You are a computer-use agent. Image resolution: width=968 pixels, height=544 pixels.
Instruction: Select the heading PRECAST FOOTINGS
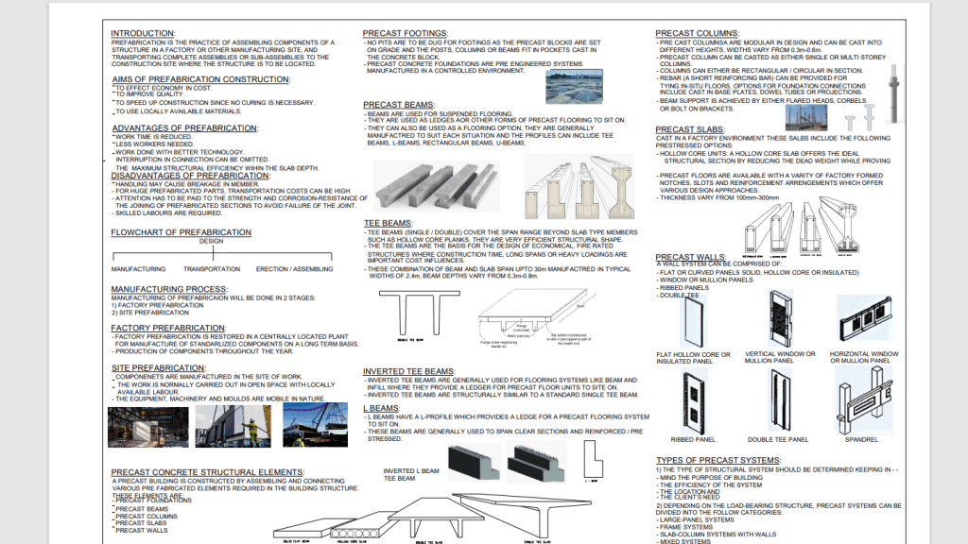click(x=405, y=33)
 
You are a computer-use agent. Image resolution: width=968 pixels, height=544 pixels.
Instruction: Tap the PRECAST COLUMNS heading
click(x=696, y=33)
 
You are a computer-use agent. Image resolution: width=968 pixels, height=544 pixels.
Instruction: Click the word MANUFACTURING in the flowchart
click(x=138, y=269)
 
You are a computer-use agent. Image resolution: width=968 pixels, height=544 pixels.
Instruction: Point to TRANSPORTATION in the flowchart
click(x=212, y=269)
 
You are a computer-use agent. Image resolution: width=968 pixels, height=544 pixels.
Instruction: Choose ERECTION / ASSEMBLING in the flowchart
click(x=294, y=269)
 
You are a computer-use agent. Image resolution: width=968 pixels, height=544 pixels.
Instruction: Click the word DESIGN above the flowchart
click(x=212, y=241)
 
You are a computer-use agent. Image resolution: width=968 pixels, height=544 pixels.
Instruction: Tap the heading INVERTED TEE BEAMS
click(x=409, y=371)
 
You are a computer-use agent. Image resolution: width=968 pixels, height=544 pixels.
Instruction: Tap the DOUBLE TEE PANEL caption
click(x=779, y=439)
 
